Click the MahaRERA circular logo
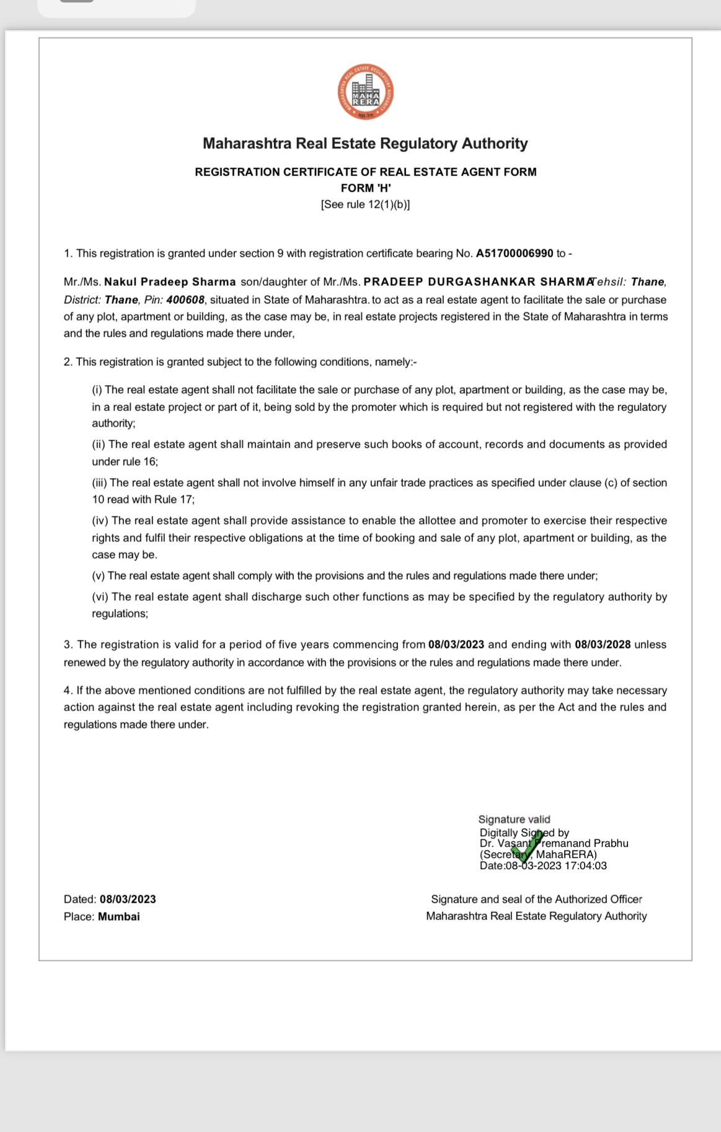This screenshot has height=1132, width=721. pos(366,93)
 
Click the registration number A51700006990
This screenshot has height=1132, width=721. pos(514,254)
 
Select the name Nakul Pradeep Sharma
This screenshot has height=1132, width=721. pos(170,282)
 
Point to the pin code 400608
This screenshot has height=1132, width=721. pos(185,300)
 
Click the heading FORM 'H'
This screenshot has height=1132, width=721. pos(366,188)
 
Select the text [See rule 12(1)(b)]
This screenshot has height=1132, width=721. pos(365,205)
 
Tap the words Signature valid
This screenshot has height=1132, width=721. pos(514,820)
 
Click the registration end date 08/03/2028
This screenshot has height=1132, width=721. pos(603,645)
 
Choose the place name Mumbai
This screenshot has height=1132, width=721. pos(118,917)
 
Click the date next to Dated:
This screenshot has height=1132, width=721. pos(128,900)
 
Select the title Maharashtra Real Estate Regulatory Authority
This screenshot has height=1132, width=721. pos(365,144)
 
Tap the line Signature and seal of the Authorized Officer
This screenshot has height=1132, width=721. pos(536,900)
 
